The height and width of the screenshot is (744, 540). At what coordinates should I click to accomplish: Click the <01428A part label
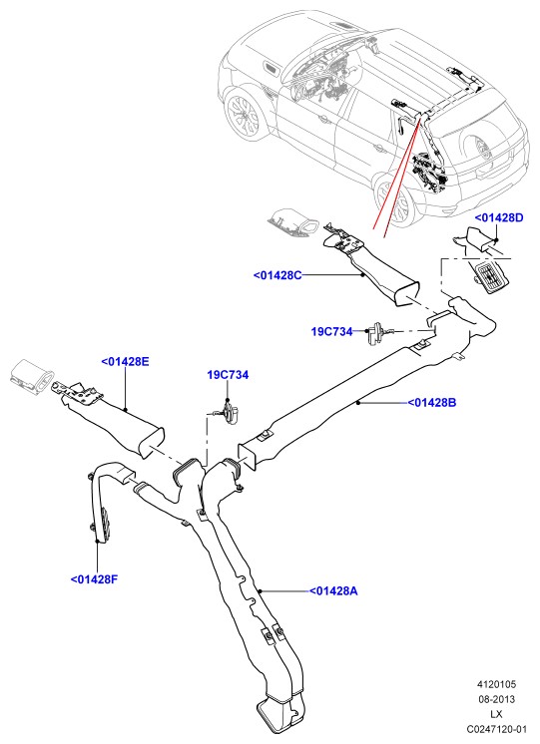click(x=333, y=590)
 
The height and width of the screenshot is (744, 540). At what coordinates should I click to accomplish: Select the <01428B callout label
click(x=432, y=402)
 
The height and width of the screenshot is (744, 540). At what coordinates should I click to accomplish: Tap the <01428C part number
click(x=277, y=275)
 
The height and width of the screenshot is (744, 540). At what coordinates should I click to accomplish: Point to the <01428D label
click(x=499, y=217)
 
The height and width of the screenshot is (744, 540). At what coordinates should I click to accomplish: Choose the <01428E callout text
click(x=126, y=362)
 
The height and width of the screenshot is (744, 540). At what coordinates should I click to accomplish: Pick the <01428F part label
click(x=94, y=578)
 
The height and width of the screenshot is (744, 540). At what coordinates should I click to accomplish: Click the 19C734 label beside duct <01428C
click(x=332, y=331)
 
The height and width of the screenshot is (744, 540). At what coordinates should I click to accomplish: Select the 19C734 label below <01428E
click(x=228, y=375)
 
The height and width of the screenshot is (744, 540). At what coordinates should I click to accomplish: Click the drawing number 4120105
click(x=496, y=684)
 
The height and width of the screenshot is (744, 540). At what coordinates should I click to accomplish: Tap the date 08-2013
click(x=496, y=699)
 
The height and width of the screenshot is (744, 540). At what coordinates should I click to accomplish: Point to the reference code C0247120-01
click(x=497, y=728)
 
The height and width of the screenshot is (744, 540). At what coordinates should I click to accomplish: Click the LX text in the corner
click(x=497, y=714)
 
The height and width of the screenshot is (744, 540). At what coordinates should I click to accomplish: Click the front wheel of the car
click(x=244, y=115)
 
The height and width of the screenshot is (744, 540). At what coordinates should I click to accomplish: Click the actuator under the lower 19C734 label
click(x=231, y=412)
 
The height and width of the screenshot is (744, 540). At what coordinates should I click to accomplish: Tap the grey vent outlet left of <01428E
click(x=32, y=377)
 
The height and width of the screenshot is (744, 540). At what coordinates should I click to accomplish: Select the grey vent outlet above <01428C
click(x=293, y=221)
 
